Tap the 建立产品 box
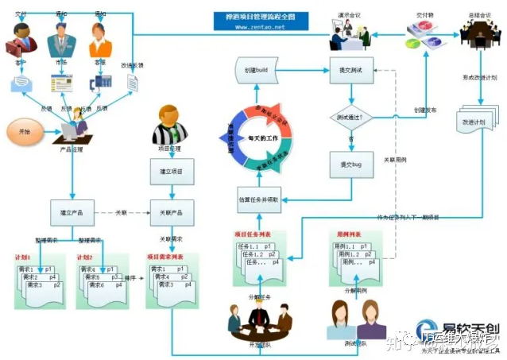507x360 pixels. (72, 213)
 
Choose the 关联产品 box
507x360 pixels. (171, 213)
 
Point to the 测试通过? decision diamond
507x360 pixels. (350, 118)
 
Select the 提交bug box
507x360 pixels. (350, 164)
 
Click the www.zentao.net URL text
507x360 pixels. (256, 26)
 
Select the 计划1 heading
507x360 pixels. (23, 258)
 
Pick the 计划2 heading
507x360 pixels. (86, 258)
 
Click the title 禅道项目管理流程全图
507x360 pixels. (257, 16)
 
